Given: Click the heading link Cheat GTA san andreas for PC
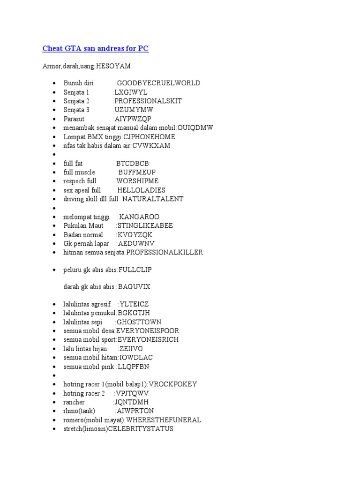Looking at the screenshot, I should tap(96, 49).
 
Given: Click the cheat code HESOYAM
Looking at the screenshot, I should tap(113, 66).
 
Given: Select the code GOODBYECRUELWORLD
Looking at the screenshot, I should tap(158, 83).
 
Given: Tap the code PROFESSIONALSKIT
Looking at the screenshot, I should tap(148, 101).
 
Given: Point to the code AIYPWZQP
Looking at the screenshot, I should tap(133, 119).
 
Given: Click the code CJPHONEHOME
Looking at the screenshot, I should tap(149, 137).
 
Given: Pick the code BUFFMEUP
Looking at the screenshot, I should tap(137, 172).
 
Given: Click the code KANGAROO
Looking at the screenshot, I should tap(139, 217).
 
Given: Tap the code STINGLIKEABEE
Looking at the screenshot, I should tap(145, 225).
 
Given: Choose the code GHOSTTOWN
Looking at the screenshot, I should tap(139, 322).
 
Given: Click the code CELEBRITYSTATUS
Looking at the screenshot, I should tap(141, 429).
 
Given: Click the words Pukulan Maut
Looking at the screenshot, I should tap(83, 225).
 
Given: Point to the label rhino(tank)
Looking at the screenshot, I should tap(79, 411).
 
